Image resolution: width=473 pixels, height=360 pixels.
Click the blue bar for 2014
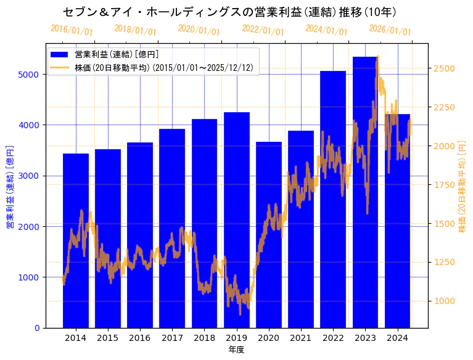pyautogui.click(x=76, y=240)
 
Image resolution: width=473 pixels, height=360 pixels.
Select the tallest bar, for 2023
pyautogui.click(x=365, y=192)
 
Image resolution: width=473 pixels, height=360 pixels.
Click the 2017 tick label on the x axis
pyautogui.click(x=172, y=337)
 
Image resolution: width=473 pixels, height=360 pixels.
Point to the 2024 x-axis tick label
pyautogui.click(x=397, y=337)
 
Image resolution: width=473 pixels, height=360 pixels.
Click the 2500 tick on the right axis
pyautogui.click(x=445, y=68)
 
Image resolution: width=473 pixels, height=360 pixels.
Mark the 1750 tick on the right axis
pyautogui.click(x=445, y=184)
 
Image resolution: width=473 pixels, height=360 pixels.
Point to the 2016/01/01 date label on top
pyautogui.click(x=72, y=30)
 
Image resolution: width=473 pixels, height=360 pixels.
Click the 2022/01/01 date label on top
pyautogui.click(x=263, y=30)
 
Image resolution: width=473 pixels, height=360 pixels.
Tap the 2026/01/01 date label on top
pyautogui.click(x=390, y=30)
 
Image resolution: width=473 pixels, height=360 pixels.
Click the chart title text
pyautogui.click(x=229, y=12)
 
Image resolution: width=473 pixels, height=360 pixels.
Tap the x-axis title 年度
pyautogui.click(x=236, y=350)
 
